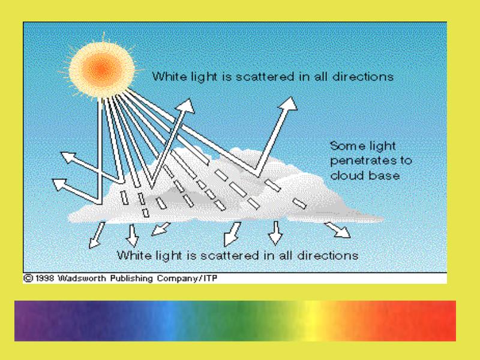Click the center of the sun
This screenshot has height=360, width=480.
pos(101,70)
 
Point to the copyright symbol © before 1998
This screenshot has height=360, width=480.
pos(28,278)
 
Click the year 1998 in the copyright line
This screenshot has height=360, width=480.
pos(44,278)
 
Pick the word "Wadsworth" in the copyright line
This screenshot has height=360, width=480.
pos(82,278)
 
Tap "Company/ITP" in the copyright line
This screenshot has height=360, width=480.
pos(187,278)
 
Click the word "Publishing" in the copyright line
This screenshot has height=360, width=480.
pos(131,278)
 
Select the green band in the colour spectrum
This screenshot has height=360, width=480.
pos(242,321)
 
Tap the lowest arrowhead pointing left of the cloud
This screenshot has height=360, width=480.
pos(59,184)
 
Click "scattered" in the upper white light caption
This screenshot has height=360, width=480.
pos(265,77)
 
